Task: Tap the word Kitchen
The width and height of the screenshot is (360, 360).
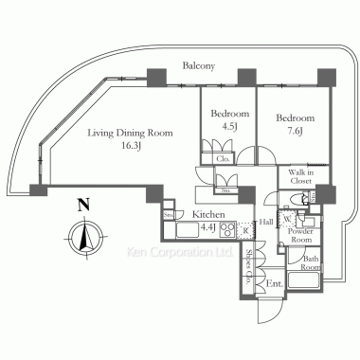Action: pos(208,215)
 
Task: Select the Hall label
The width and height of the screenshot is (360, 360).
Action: pos(268,221)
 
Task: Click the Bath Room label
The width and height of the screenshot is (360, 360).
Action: pos(310,259)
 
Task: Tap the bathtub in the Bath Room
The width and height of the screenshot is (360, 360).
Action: pos(309,279)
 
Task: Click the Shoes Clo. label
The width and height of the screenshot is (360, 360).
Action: pos(248,269)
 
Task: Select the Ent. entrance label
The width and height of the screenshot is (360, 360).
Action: pos(274,283)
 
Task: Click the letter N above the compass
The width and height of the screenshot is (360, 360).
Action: pos(84,203)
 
